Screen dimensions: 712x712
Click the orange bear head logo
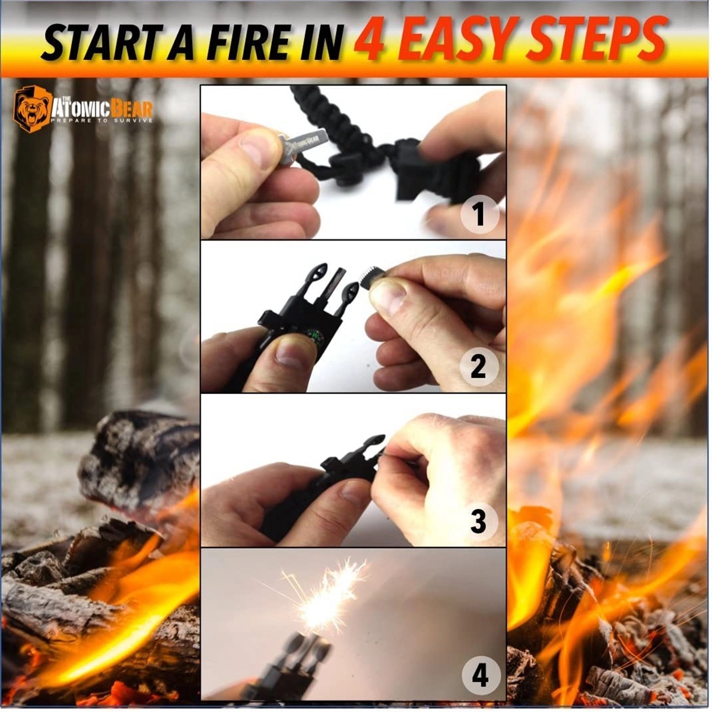pyautogui.click(x=31, y=109)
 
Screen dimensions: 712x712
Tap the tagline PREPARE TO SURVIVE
pyautogui.click(x=101, y=121)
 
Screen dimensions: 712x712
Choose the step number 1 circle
pyautogui.click(x=479, y=215)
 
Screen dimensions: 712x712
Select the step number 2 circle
pyautogui.click(x=479, y=367)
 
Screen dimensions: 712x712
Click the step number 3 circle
pyautogui.click(x=479, y=522)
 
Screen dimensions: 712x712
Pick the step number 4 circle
pyautogui.click(x=480, y=676)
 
